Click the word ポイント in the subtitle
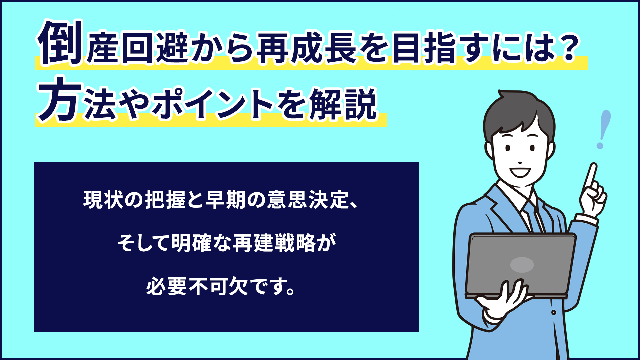coord(213,104)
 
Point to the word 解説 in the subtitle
coord(343,104)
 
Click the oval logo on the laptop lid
coord(522,265)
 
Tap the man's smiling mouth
coord(520,172)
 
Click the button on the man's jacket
coord(554,313)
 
